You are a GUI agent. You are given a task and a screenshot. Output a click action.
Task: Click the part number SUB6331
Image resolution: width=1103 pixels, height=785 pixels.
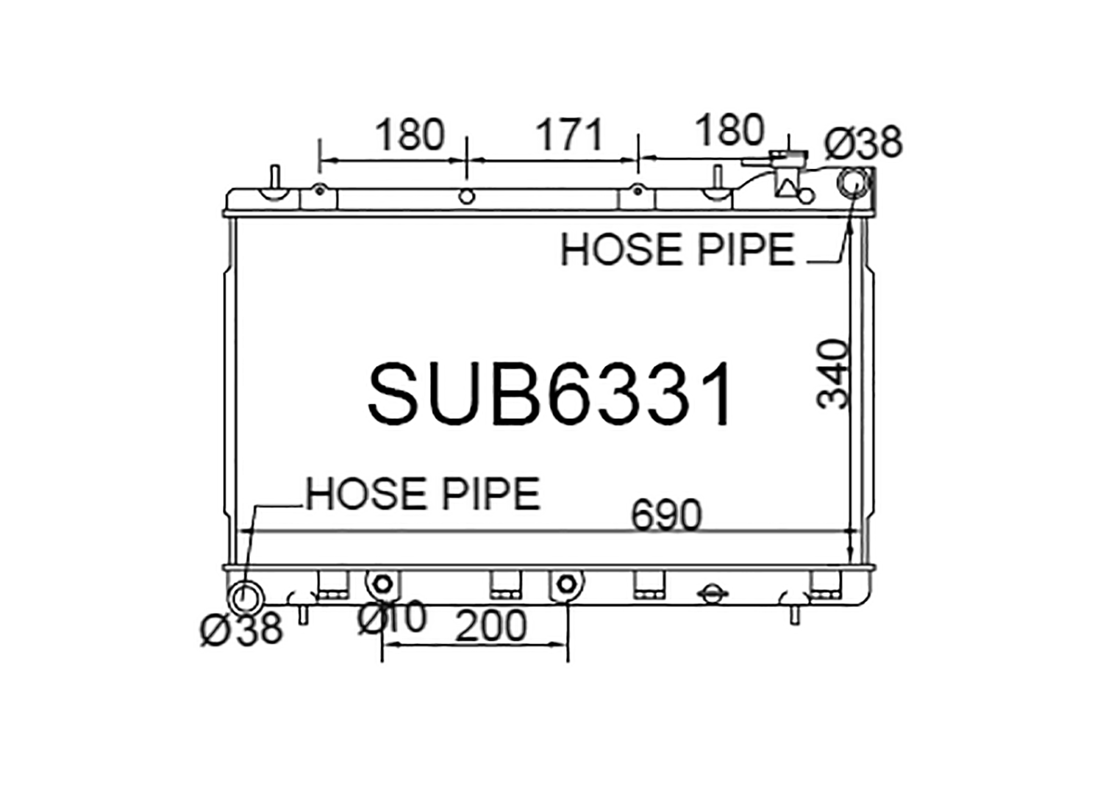pos(549,393)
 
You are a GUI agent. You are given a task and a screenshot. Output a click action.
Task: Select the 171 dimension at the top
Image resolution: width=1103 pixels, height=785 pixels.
pos(570,135)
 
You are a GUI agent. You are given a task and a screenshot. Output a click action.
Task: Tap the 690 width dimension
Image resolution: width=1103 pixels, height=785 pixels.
pos(665,515)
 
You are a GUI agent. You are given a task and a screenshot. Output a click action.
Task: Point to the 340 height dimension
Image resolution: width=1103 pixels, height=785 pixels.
pos(832,373)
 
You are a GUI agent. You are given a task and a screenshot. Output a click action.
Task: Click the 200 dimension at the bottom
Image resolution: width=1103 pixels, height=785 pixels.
pos(491,626)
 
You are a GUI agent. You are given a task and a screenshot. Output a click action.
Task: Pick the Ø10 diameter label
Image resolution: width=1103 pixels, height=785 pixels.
pos(391,617)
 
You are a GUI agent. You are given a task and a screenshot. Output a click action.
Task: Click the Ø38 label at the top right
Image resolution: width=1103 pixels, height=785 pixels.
pos(863,143)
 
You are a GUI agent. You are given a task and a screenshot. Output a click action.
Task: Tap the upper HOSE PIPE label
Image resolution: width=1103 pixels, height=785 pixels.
pos(677,249)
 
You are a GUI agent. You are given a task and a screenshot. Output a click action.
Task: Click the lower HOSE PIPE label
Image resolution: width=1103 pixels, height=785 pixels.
pos(423,494)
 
